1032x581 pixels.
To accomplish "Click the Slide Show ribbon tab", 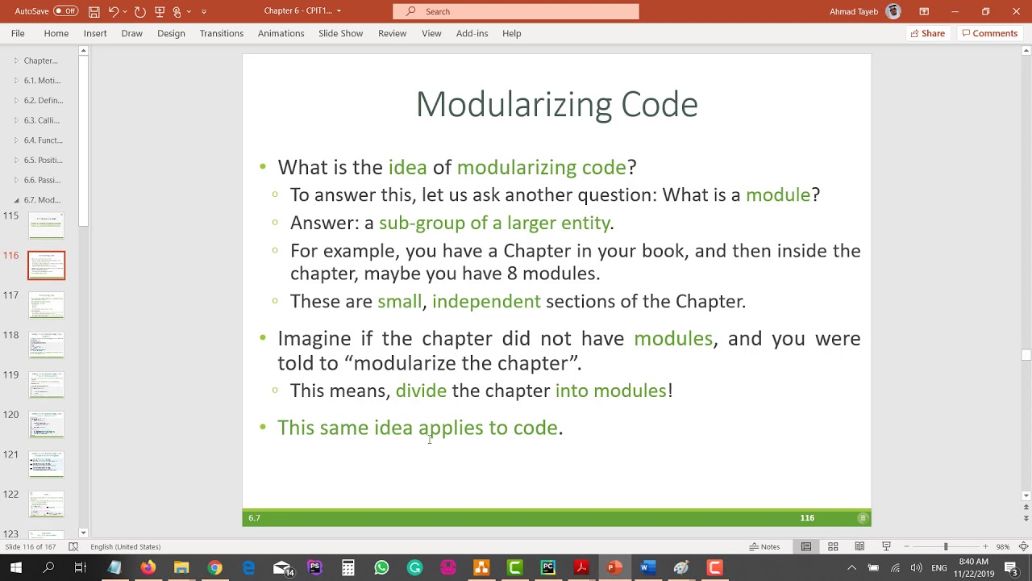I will [340, 33].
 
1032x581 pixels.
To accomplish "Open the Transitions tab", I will [222, 33].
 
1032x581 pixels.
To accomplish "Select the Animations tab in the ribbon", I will [281, 33].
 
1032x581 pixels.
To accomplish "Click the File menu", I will [18, 33].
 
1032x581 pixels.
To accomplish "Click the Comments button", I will [989, 33].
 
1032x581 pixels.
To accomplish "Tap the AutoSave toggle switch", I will [65, 11].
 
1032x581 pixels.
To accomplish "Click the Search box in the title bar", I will [516, 11].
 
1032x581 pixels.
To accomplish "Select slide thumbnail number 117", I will [46, 305].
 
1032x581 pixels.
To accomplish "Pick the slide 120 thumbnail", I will [46, 424].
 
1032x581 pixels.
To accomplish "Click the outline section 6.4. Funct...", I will [43, 140].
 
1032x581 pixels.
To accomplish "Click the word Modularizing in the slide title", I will [514, 105].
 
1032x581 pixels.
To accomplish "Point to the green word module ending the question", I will [777, 195].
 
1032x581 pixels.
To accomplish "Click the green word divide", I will [421, 391].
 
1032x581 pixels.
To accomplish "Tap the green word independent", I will [486, 302].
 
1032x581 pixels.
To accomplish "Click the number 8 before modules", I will [512, 274].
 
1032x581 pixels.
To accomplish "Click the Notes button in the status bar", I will [764, 546].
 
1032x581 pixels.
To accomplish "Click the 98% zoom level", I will [1003, 546].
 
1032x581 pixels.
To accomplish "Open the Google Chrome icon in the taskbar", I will [214, 568].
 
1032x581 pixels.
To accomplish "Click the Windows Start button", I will [15, 568].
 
